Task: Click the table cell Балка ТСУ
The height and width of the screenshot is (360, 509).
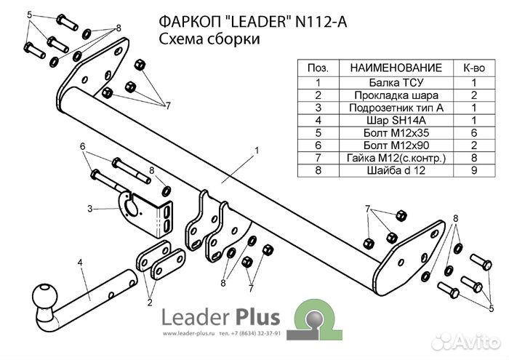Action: pos(396,82)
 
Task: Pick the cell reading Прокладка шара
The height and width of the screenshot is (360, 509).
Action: pos(396,95)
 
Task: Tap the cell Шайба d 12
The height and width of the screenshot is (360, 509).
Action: pos(396,172)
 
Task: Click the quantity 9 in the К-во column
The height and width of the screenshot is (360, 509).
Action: pos(473,172)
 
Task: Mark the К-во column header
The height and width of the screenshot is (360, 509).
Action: pos(473,67)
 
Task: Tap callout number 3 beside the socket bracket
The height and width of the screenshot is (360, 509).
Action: pos(89,209)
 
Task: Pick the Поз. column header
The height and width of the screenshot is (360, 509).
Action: pos(317,67)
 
